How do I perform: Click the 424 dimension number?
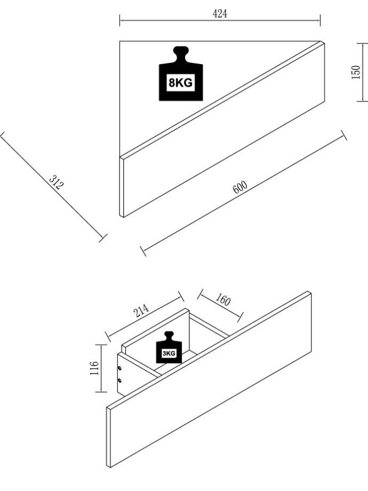click(x=220, y=14)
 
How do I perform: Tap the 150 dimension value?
click(x=356, y=72)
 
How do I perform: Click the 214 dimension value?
click(x=142, y=311)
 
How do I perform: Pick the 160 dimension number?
click(x=223, y=300)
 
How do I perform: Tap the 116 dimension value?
click(x=94, y=368)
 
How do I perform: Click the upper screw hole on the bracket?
click(x=119, y=368)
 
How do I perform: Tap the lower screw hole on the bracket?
click(x=119, y=381)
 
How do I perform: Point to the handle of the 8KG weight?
click(x=181, y=54)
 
